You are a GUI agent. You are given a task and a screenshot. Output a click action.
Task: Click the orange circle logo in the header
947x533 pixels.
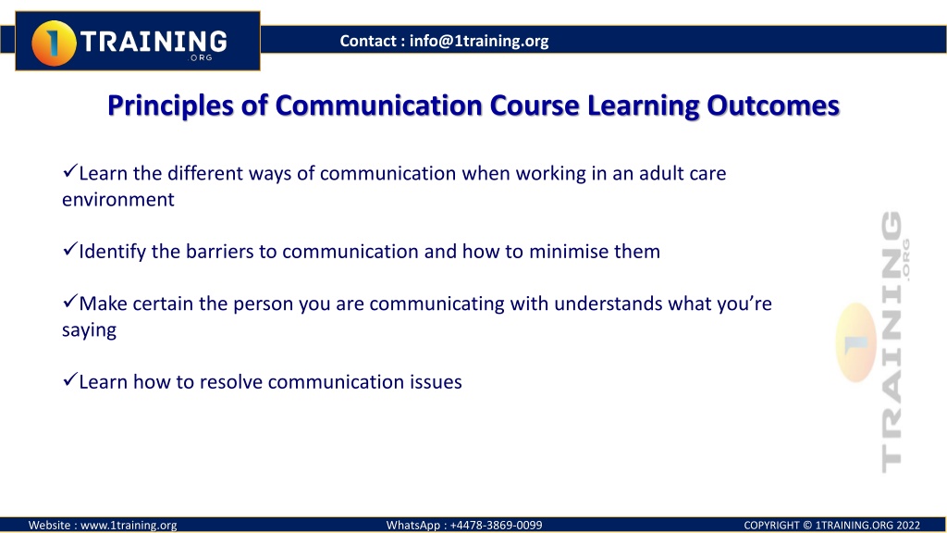coord(54,43)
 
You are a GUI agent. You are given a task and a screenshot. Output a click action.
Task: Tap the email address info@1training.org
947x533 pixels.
coord(479,41)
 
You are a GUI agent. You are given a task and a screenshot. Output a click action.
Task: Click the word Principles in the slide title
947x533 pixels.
coord(170,105)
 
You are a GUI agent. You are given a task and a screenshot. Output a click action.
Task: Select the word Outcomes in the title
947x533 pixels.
coord(773,105)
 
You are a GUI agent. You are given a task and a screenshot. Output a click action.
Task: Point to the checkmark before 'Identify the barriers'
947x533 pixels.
coord(70,249)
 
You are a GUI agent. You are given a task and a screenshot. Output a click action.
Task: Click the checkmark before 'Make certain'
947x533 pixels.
coord(70,301)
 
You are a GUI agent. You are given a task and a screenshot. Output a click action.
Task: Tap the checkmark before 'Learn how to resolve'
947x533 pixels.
coord(70,379)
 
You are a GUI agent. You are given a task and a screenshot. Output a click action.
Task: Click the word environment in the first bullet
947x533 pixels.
coord(118,200)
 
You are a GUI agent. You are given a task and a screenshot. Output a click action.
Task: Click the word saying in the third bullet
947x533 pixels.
coord(90,330)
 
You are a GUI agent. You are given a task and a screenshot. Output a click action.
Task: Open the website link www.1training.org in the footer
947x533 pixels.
coord(129,526)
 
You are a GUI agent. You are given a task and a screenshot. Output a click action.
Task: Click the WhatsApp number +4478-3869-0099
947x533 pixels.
coord(497,526)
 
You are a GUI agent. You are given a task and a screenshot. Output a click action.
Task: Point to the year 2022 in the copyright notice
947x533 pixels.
coord(908,526)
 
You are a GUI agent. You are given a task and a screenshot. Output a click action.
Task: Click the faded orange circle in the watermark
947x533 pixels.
coord(856,342)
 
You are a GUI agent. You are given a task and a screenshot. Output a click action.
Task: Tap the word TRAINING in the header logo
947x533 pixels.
coord(154,42)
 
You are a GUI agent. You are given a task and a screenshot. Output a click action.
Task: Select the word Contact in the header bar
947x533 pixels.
coord(368,41)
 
